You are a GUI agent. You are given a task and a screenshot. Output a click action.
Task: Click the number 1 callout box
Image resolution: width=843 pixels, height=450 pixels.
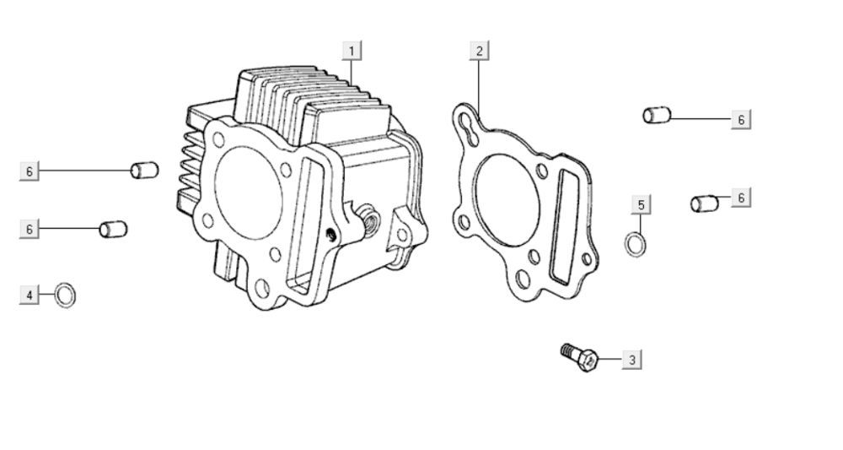tap(352, 52)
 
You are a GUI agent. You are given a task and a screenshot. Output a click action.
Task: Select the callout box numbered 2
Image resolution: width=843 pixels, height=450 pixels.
tap(479, 52)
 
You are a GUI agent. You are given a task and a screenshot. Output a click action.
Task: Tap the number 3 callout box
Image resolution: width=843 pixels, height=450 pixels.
tap(631, 359)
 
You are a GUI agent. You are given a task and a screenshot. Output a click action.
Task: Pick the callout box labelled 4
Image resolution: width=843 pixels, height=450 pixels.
tap(30, 295)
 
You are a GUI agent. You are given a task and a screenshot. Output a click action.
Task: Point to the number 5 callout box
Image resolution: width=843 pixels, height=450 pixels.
tap(641, 205)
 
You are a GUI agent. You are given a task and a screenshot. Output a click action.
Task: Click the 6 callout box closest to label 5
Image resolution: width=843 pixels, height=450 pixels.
tap(741, 198)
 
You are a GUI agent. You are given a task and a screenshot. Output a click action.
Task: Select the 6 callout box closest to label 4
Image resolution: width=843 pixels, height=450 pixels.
tap(30, 229)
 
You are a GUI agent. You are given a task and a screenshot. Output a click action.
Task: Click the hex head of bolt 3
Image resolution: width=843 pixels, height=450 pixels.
tap(588, 360)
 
